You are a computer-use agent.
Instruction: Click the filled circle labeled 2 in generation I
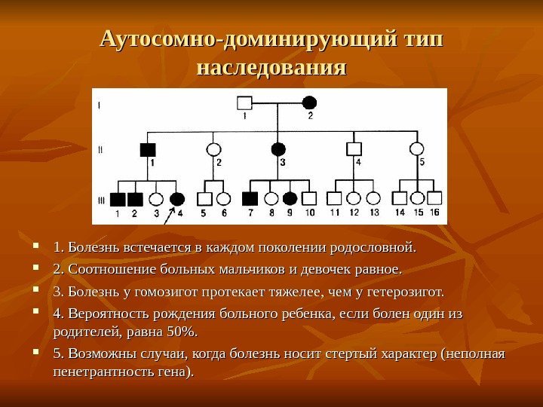click(309, 103)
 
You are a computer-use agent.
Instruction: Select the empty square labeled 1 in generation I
click(244, 103)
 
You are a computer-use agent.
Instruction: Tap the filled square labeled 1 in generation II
click(148, 149)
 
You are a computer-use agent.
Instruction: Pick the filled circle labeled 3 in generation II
click(279, 149)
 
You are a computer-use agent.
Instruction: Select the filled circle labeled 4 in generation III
click(177, 200)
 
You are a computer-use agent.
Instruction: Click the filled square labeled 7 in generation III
click(250, 199)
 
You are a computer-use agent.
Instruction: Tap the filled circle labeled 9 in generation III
click(290, 199)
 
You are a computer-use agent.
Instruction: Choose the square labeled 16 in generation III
click(434, 199)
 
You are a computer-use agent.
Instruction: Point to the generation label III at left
click(103, 199)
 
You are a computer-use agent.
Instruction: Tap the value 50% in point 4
click(180, 332)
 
